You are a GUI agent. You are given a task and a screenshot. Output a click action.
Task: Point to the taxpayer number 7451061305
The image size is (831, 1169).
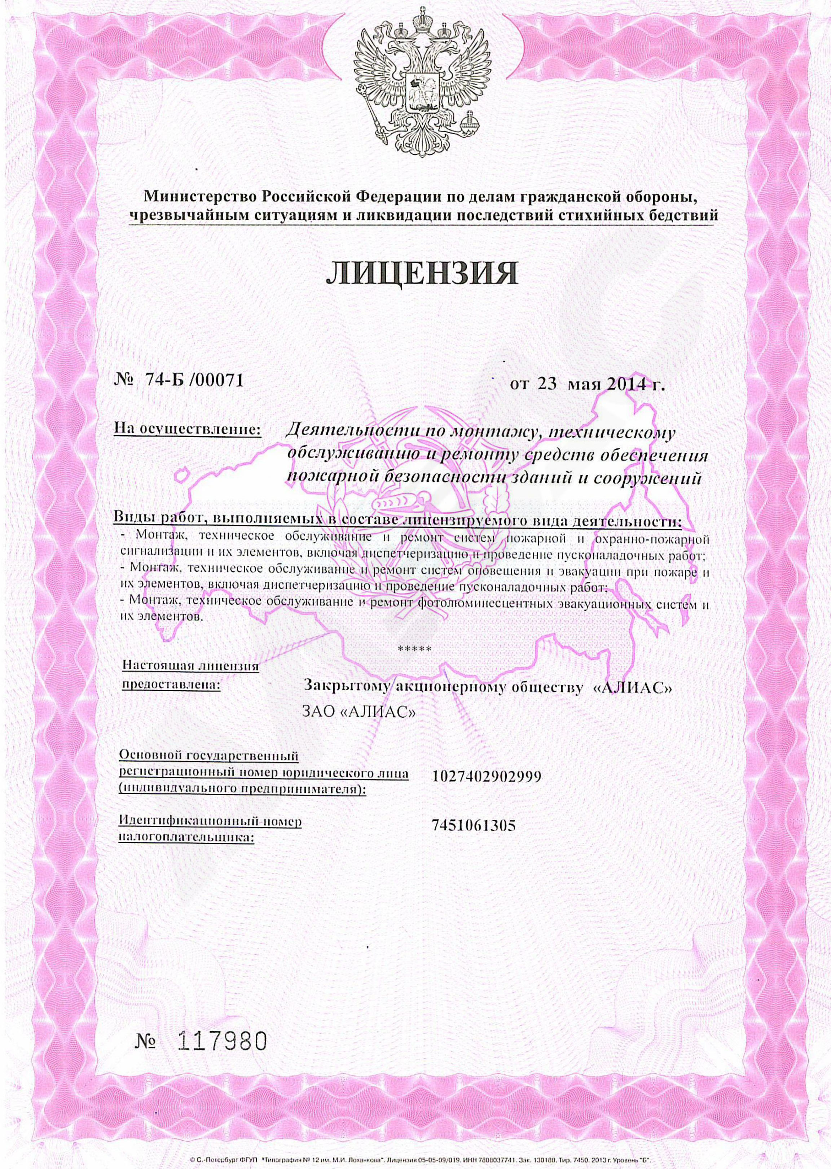coord(473,826)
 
